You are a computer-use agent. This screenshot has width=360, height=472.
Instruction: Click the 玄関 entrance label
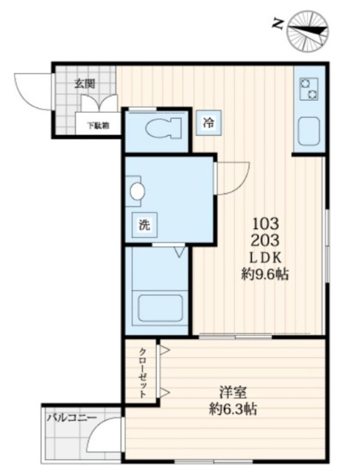pyautogui.click(x=85, y=84)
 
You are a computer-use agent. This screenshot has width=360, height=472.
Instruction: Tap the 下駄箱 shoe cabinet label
pyautogui.click(x=98, y=125)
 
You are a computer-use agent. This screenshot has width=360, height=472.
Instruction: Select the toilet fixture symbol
pyautogui.click(x=163, y=128)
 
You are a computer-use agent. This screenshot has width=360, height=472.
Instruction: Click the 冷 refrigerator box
pyautogui.click(x=208, y=122)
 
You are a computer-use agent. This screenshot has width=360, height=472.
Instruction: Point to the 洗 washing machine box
pyautogui.click(x=145, y=225)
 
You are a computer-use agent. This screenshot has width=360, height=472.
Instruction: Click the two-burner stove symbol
pyautogui.click(x=309, y=89)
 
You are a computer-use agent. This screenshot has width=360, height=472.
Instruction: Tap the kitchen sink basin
pyautogui.click(x=308, y=130)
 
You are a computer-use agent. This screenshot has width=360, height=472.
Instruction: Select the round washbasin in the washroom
pyautogui.click(x=138, y=191)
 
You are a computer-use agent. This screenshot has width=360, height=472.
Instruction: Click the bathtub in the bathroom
pyautogui.click(x=160, y=308)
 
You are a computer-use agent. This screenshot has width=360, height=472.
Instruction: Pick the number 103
pyautogui.click(x=266, y=223)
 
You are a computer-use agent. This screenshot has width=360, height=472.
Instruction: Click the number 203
pyautogui.click(x=266, y=240)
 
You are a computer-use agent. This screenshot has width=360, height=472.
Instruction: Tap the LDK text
pyautogui.click(x=266, y=258)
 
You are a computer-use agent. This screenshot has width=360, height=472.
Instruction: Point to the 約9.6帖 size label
pyautogui.click(x=265, y=275)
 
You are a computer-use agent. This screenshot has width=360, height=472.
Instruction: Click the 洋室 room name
pyautogui.click(x=233, y=392)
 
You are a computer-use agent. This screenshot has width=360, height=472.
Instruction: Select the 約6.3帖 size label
pyautogui.click(x=233, y=409)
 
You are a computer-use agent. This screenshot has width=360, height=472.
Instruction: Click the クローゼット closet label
pyautogui.click(x=143, y=373)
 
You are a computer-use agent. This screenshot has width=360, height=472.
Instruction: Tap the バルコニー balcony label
pyautogui.click(x=71, y=418)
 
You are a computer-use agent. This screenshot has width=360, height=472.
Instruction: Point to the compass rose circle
pyautogui.click(x=308, y=31)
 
